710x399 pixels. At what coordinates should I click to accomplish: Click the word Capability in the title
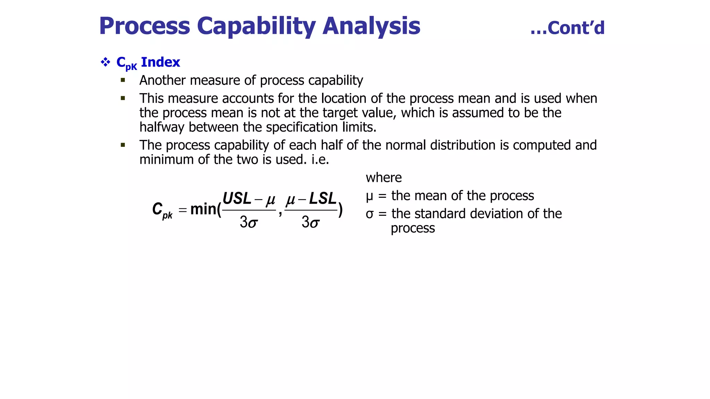(256, 26)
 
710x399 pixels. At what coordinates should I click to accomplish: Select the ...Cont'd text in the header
(567, 28)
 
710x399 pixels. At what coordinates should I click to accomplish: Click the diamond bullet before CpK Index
(105, 62)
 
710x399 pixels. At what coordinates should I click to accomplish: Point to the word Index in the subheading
(161, 62)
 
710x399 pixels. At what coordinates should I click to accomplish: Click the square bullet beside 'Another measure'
(123, 80)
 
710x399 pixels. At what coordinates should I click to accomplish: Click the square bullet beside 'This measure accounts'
(123, 98)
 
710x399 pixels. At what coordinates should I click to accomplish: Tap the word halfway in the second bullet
(162, 127)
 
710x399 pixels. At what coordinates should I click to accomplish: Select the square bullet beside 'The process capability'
(123, 145)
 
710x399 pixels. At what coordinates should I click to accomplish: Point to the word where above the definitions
(383, 178)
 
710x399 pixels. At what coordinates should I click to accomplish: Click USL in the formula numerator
(237, 199)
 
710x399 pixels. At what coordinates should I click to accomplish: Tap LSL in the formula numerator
(322, 199)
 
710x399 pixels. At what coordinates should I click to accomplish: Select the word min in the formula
(203, 209)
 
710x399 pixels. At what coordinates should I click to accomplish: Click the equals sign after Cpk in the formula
(183, 210)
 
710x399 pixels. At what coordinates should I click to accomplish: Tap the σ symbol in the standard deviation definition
(370, 214)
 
